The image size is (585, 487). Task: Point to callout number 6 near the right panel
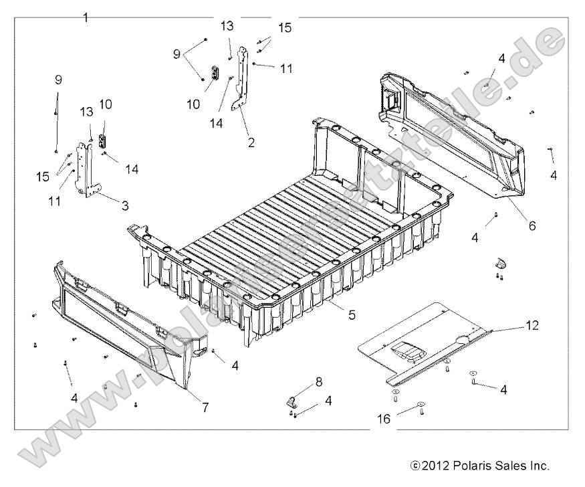532,226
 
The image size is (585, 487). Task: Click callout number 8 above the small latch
318,381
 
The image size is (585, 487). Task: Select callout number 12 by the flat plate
532,326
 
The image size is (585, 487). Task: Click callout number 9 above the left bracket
57,80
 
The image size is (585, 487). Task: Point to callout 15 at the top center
285,28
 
